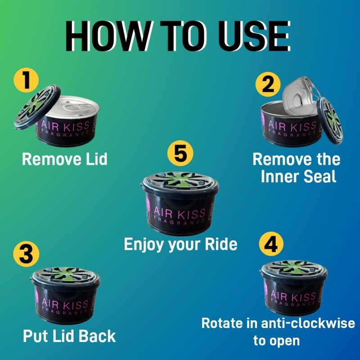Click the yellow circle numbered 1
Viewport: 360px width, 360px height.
tap(26, 80)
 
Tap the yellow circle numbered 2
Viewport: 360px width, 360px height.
tap(268, 84)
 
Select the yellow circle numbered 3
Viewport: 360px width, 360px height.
tap(26, 254)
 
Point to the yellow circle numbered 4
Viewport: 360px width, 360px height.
tap(271, 243)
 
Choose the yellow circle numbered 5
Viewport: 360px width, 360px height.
tap(180, 153)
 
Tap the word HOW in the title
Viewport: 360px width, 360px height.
tap(108, 36)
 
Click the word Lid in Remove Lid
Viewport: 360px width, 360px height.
tap(97, 159)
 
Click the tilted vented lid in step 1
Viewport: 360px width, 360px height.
tap(37, 107)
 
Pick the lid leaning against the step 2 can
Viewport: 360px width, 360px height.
tap(330, 121)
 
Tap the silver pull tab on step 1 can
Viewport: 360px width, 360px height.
tap(75, 108)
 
